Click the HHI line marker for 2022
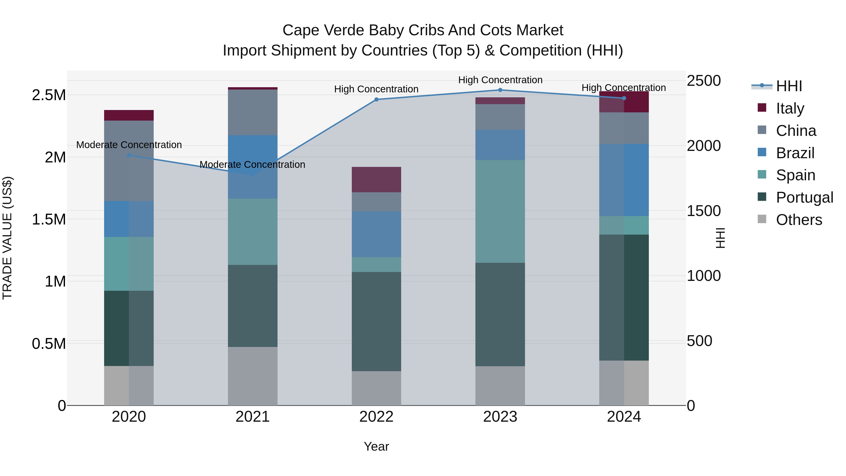[376, 99]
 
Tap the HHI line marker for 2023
[500, 90]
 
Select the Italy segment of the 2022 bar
[376, 180]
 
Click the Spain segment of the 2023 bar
[500, 211]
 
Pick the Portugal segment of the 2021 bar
[253, 306]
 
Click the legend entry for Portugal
[804, 197]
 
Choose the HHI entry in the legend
[789, 86]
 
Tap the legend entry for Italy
[790, 108]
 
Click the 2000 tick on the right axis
[703, 146]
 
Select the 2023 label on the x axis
[500, 417]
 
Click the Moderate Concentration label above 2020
[129, 145]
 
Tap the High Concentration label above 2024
[624, 88]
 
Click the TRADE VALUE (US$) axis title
[7, 238]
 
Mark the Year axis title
[376, 446]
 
